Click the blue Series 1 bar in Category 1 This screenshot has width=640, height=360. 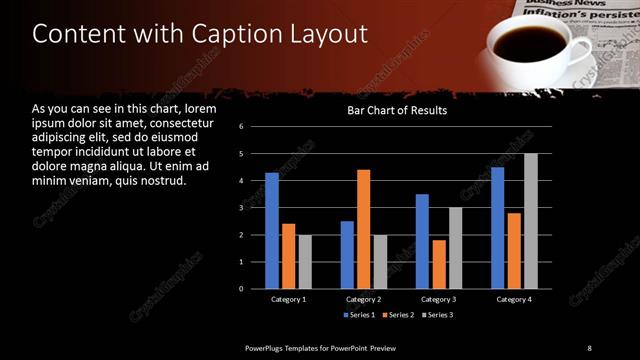pyautogui.click(x=272, y=230)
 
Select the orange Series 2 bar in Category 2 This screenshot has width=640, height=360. pyautogui.click(x=363, y=229)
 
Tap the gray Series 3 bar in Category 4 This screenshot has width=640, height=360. pyautogui.click(x=530, y=221)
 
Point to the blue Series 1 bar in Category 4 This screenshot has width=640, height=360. pyautogui.click(x=497, y=228)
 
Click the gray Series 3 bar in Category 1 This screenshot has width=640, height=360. pyautogui.click(x=305, y=262)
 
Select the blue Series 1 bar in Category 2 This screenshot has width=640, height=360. pyautogui.click(x=347, y=255)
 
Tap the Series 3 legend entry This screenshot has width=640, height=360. pyautogui.click(x=437, y=316)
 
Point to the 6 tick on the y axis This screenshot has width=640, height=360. pyautogui.click(x=241, y=127)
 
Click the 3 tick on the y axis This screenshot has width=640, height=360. pyautogui.click(x=241, y=208)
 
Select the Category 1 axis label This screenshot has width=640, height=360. pyautogui.click(x=289, y=299)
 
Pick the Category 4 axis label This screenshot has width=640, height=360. pyautogui.click(x=513, y=299)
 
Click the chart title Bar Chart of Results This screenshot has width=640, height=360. pyautogui.click(x=397, y=111)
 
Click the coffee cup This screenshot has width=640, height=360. pyautogui.click(x=529, y=47)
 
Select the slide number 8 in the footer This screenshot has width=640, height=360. pyautogui.click(x=589, y=347)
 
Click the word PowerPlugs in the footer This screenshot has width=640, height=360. pyautogui.click(x=269, y=347)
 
